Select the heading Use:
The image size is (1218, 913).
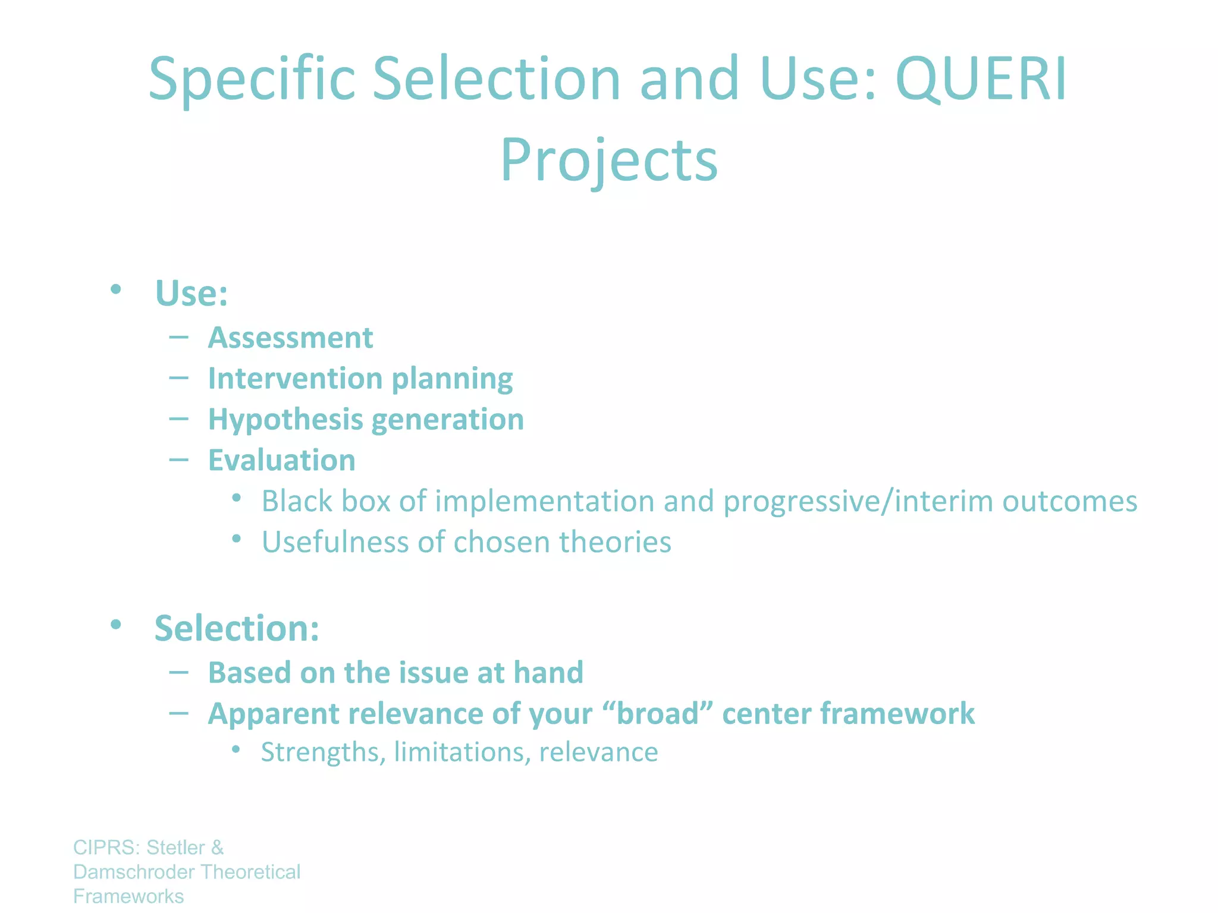pyautogui.click(x=191, y=293)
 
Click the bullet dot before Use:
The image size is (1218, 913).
pyautogui.click(x=115, y=289)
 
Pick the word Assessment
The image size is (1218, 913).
pyautogui.click(x=290, y=338)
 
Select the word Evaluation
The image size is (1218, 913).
pyautogui.click(x=281, y=460)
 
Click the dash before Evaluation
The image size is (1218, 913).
pyautogui.click(x=178, y=459)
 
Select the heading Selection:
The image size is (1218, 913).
pyautogui.click(x=237, y=628)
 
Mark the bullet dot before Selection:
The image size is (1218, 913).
pyautogui.click(x=115, y=624)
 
